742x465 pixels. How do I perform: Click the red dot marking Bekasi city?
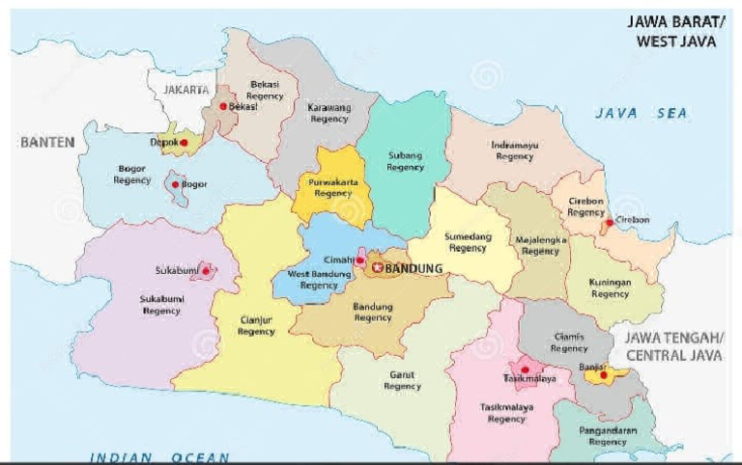pyautogui.click(x=223, y=106)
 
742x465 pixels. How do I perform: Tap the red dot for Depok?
pyautogui.click(x=184, y=142)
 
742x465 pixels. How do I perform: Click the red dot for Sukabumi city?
pyautogui.click(x=203, y=271)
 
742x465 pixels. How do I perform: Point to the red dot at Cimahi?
pyautogui.click(x=359, y=260)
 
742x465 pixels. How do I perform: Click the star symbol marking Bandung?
pyautogui.click(x=378, y=268)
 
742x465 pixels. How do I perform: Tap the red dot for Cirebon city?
pyautogui.click(x=609, y=223)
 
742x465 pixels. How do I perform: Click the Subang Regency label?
pyautogui.click(x=405, y=161)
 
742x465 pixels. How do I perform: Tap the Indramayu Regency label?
pyautogui.click(x=514, y=150)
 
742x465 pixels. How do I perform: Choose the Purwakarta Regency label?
pyautogui.click(x=333, y=186)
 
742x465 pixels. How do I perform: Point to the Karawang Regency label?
pyautogui.click(x=329, y=114)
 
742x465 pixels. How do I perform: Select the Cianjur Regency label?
pyautogui.click(x=256, y=326)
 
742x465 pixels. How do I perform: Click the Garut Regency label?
pyautogui.click(x=402, y=380)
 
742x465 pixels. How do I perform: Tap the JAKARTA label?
pyautogui.click(x=186, y=90)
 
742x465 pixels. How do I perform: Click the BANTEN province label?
pyautogui.click(x=47, y=142)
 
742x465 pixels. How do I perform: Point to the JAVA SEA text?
pyautogui.click(x=641, y=113)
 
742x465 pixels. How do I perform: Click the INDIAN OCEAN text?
pyautogui.click(x=159, y=457)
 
